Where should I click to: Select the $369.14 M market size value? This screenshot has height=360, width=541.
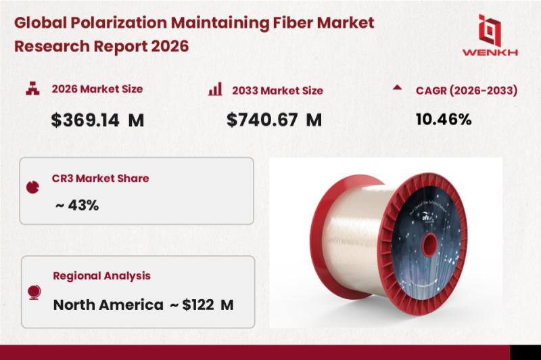[x=98, y=120]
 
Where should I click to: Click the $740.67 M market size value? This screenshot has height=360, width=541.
[x=274, y=120]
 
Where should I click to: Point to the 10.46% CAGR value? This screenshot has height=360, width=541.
[x=443, y=120]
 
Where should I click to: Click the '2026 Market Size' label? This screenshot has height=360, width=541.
[x=97, y=89]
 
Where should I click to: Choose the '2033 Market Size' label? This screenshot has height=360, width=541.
[x=277, y=90]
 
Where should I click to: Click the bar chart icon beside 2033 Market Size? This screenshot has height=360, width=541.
[x=216, y=89]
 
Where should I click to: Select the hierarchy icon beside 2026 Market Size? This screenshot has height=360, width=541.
[x=31, y=89]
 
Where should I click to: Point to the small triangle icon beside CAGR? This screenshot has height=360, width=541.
[x=397, y=88]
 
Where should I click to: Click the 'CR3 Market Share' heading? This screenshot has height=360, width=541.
[x=100, y=179]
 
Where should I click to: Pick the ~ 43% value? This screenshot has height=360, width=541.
[x=76, y=204]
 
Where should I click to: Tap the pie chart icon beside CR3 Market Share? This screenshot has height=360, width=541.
[x=31, y=186]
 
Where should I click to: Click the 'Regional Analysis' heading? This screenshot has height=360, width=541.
[x=101, y=276]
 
